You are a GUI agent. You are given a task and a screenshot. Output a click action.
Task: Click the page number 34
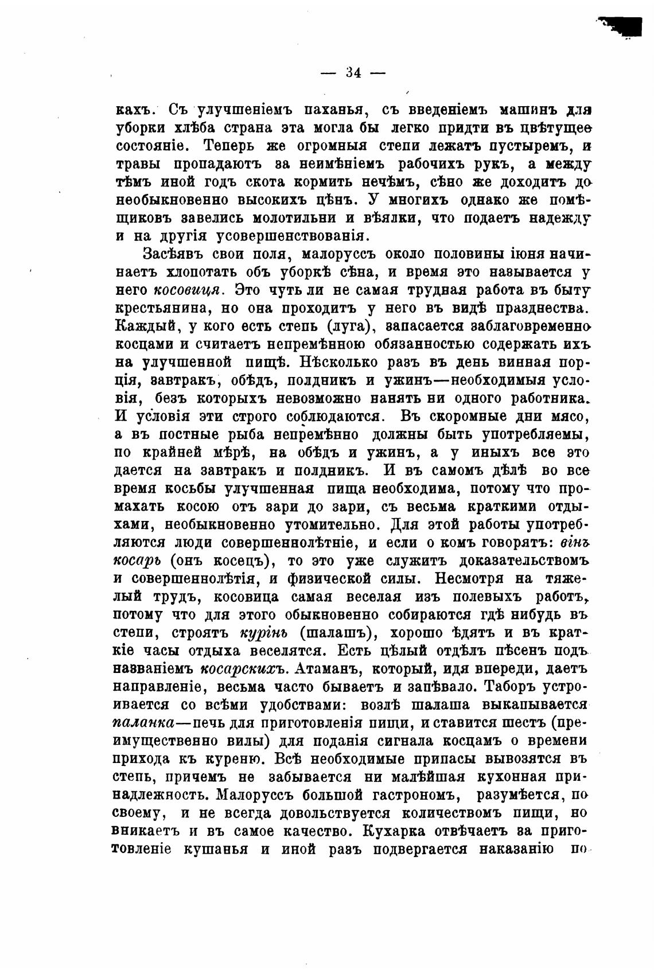tap(353, 73)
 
